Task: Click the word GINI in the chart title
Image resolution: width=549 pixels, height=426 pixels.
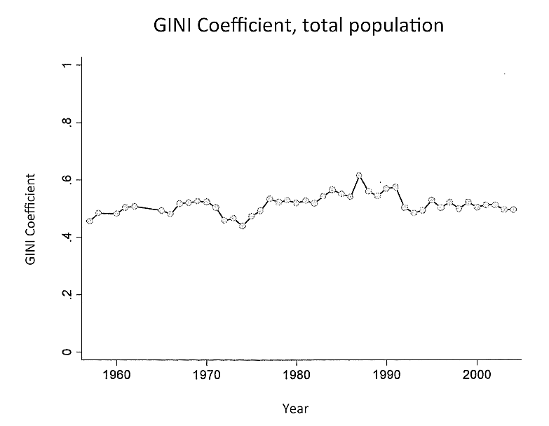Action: point(172,26)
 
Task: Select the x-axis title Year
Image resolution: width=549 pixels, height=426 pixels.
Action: point(295,408)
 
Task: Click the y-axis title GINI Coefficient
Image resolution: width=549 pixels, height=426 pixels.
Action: point(30,219)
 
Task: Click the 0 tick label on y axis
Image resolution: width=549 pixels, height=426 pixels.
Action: point(64,352)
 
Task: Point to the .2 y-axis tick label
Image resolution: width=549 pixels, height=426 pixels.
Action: point(64,294)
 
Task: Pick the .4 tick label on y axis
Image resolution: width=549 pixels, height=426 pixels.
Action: point(64,238)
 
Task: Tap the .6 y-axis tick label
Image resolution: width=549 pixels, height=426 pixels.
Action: point(64,180)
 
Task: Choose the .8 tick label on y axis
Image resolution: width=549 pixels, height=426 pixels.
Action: point(64,123)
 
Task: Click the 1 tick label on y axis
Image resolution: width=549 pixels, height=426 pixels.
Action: point(64,65)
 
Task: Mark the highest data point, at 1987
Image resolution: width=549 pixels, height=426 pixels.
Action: point(359,175)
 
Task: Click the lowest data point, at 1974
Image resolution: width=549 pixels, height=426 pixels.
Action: point(243,226)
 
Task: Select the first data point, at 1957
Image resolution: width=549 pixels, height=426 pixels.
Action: point(89,221)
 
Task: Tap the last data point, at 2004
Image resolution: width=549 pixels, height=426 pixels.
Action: point(513,209)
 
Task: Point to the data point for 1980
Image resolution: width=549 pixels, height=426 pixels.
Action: point(297,202)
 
